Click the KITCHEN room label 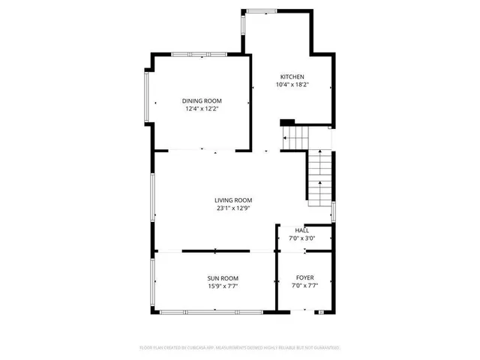click(292, 77)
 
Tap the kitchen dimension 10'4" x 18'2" click(292, 85)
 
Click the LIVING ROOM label click(233, 200)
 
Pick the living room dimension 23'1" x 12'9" click(233, 208)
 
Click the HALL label click(301, 230)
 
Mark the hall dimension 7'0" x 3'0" click(301, 238)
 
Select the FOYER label click(304, 278)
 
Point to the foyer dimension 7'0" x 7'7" click(304, 286)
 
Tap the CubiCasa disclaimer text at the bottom click(240, 348)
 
